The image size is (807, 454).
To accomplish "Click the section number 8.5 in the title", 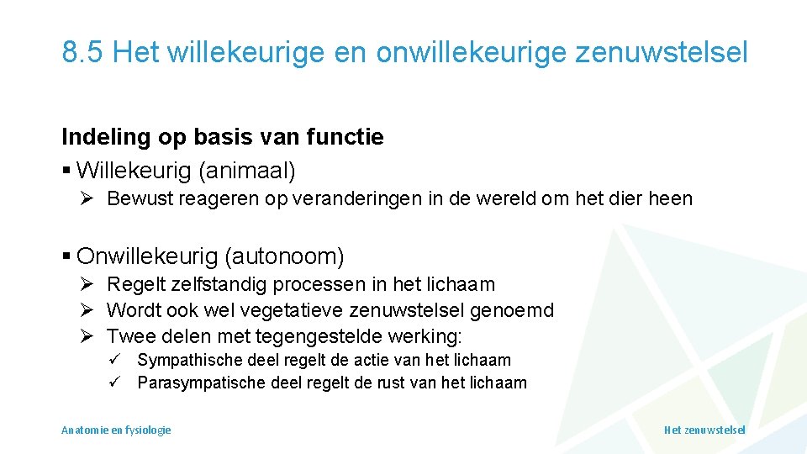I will click(x=82, y=52).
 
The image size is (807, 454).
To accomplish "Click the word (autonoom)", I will click(x=294, y=255).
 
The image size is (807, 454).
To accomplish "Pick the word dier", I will click(x=630, y=199).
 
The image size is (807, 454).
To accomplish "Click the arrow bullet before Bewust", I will click(x=87, y=199).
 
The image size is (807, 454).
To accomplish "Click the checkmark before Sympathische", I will click(x=117, y=360).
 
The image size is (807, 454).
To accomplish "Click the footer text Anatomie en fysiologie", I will click(x=116, y=430).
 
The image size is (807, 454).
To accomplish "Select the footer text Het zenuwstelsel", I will click(x=704, y=430).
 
